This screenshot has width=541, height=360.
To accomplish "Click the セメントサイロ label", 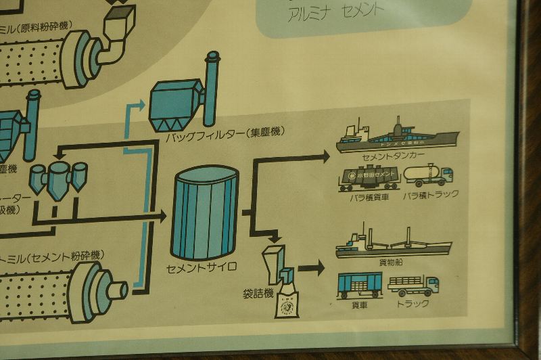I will pos(202,267).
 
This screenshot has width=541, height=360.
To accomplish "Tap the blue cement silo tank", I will pos(206,213).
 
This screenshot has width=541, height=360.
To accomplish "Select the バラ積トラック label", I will pos(431,194).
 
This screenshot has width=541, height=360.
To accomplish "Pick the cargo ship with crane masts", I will pos(392,245).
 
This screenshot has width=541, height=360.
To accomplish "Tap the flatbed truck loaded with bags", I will pos(413,285).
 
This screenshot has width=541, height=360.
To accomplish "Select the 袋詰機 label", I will pos(258,293).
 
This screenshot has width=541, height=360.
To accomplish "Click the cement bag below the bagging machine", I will pos(287,304).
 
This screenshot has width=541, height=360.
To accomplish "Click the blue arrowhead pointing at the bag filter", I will pos(140,104).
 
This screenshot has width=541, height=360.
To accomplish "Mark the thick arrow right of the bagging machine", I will pos(312,267).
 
